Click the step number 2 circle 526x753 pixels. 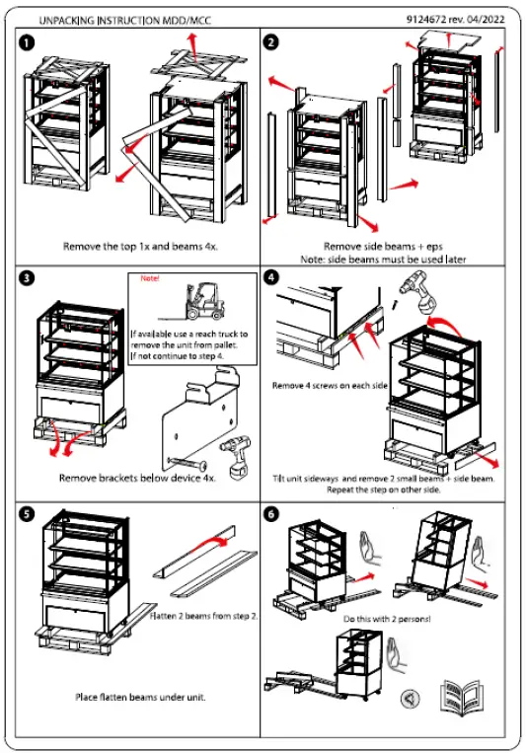click(271, 42)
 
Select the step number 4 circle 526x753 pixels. click(271, 277)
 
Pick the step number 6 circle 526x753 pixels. click(271, 514)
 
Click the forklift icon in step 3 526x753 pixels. click(208, 301)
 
